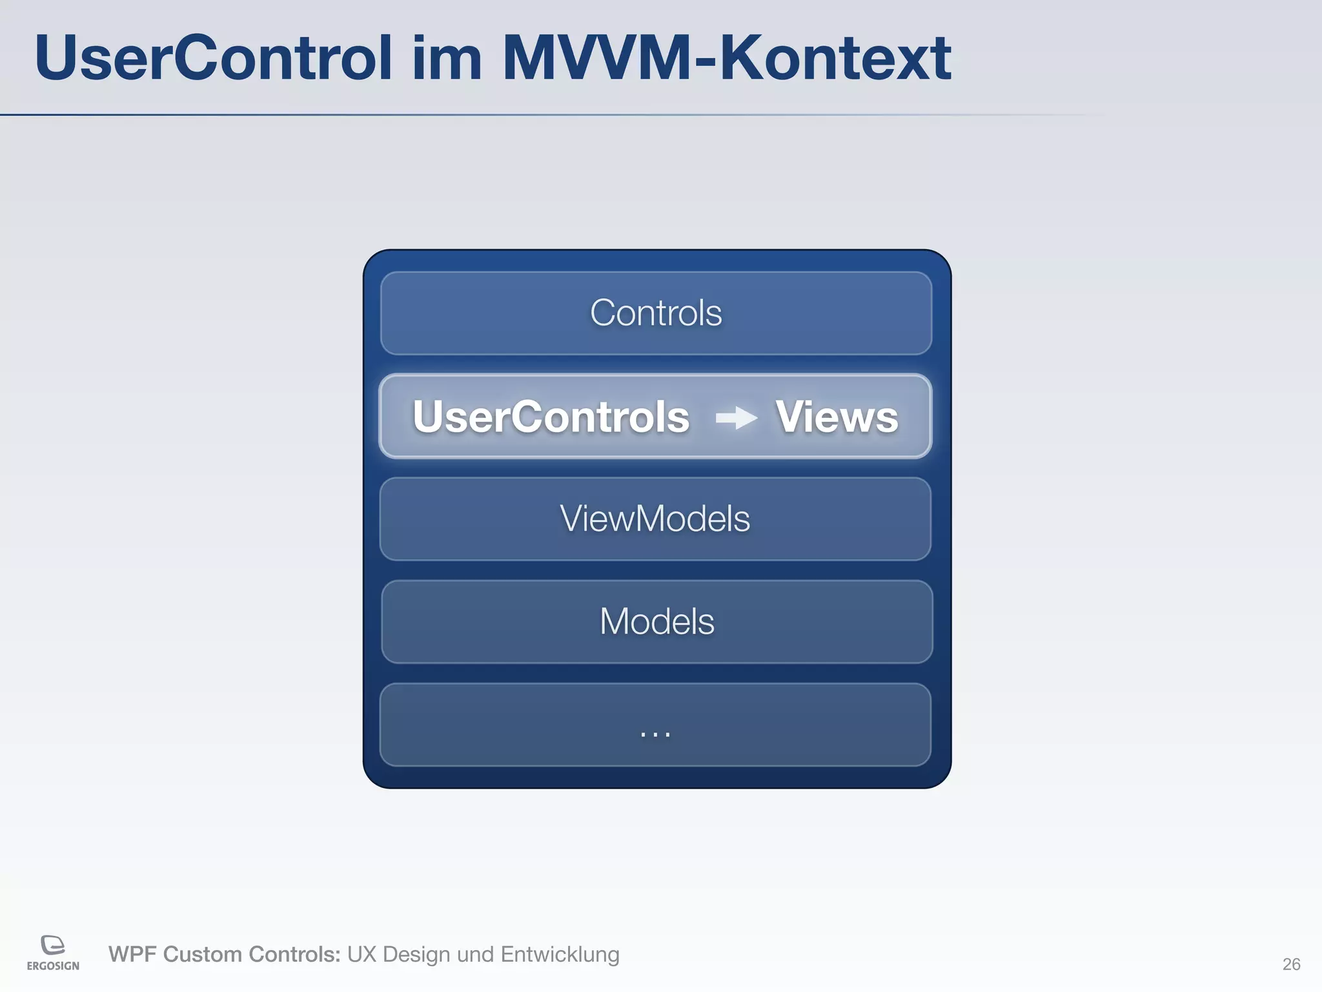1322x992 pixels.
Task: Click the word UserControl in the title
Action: pos(213,58)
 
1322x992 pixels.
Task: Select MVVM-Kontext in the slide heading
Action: pos(726,58)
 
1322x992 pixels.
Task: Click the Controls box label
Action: pos(656,313)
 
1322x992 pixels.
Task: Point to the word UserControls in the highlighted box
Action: pos(551,417)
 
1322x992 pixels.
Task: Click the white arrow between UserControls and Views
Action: pos(737,418)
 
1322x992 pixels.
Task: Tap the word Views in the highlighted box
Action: pos(837,417)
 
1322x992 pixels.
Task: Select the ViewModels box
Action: pos(655,519)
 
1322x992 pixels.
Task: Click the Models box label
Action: pos(656,621)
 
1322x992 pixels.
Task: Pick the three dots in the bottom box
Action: pos(655,734)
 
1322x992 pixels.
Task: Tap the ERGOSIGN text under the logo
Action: pos(53,966)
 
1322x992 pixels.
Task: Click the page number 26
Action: pos(1291,964)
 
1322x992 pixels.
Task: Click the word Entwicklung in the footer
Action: pos(560,955)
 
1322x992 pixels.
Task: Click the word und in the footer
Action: pos(475,955)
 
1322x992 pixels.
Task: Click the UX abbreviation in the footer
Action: pos(361,955)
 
